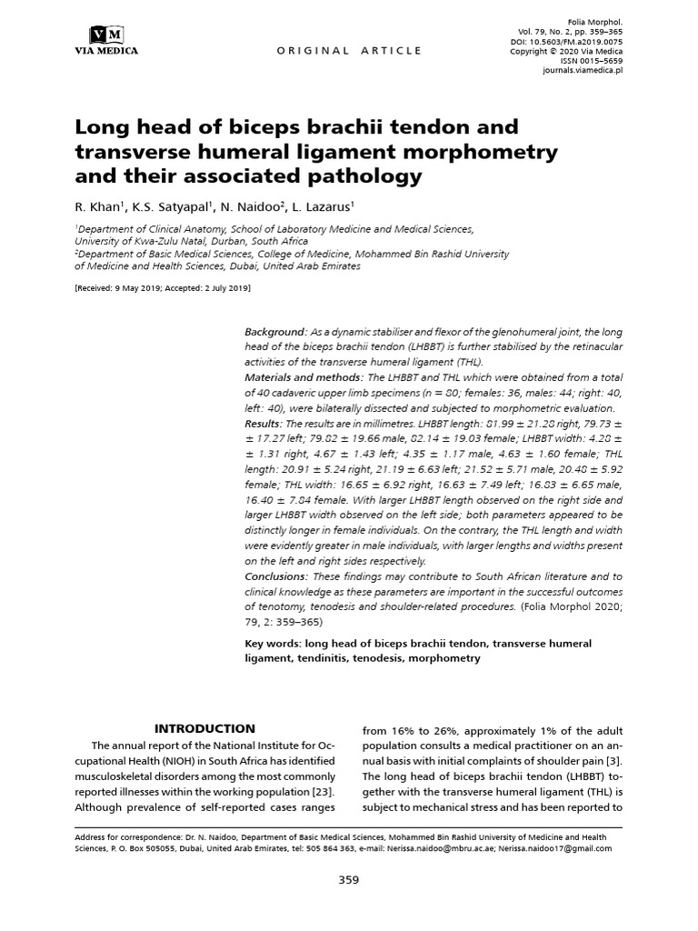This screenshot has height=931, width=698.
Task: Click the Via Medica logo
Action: tap(105, 41)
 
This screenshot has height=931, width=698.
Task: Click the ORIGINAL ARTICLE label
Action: tap(349, 51)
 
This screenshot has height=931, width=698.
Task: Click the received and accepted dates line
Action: tap(163, 288)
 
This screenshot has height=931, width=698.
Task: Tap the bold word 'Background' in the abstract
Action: tap(274, 333)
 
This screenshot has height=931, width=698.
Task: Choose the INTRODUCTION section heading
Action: tap(204, 728)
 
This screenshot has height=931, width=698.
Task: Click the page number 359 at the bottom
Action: tap(349, 879)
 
